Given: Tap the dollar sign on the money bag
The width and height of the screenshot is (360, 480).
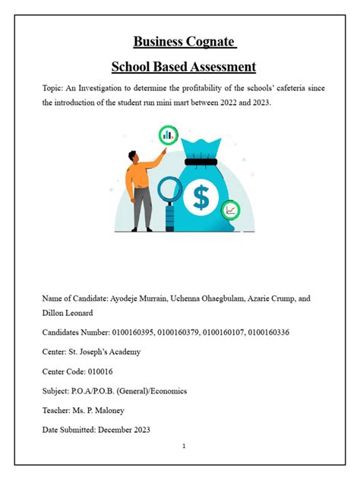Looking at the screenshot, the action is point(201,197).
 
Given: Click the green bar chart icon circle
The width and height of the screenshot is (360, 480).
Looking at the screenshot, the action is point(168,135).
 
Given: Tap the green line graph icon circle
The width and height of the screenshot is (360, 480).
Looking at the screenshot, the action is point(230,210).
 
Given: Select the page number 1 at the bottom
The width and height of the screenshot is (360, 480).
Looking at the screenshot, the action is point(184,446).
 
